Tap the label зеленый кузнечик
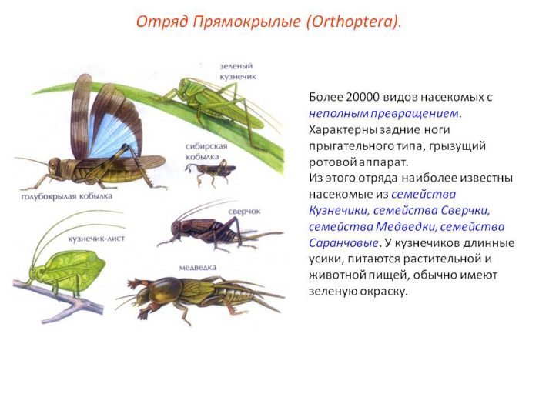[x=236, y=72]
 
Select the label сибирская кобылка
[x=206, y=150]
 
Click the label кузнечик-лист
[x=96, y=239]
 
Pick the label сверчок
[x=245, y=209]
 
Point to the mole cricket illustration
[x=200, y=296]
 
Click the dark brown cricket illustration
[x=204, y=229]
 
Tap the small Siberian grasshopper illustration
[x=211, y=171]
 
